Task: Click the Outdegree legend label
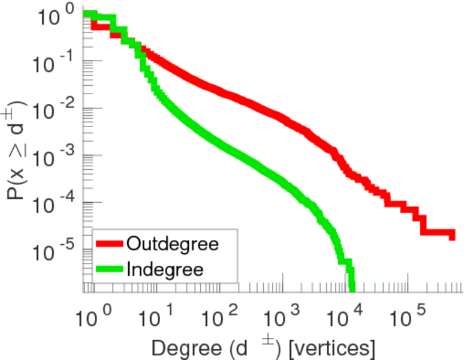171,244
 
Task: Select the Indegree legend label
165,269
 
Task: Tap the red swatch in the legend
110,244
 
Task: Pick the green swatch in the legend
110,269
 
